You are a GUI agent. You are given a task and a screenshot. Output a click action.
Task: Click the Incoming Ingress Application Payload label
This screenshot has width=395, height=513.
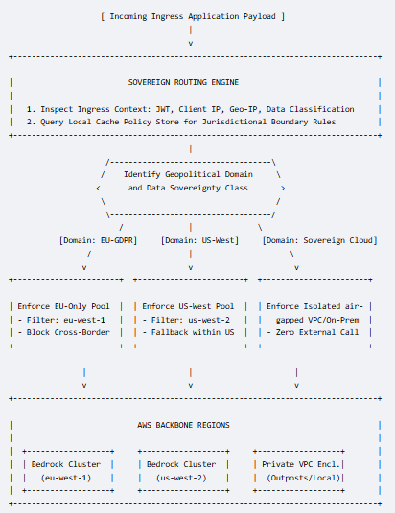point(193,16)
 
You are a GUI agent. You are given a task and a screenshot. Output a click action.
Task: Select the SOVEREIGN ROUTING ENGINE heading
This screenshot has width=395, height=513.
point(183,82)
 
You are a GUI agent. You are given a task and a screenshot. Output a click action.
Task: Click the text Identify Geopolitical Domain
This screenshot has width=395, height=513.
point(188,174)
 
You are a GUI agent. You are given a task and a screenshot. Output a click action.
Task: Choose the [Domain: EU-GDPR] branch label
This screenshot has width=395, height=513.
point(98,240)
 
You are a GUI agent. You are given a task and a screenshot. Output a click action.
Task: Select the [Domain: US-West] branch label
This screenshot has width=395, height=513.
point(199,240)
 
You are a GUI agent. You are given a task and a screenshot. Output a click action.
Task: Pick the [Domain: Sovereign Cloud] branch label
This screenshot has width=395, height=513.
point(319,240)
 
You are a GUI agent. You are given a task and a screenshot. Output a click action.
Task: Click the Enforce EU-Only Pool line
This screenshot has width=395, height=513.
point(63,306)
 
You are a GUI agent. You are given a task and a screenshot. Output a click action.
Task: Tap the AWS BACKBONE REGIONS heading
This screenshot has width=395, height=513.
point(183,425)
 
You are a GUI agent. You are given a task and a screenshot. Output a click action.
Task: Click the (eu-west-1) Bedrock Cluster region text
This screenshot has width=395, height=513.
point(65,478)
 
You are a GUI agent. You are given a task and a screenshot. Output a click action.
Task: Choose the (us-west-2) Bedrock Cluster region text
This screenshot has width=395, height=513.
point(181,478)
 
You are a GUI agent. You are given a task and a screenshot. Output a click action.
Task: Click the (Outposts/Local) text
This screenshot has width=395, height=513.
point(304,478)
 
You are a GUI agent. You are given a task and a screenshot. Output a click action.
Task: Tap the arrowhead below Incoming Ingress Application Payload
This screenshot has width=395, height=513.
point(191,44)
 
